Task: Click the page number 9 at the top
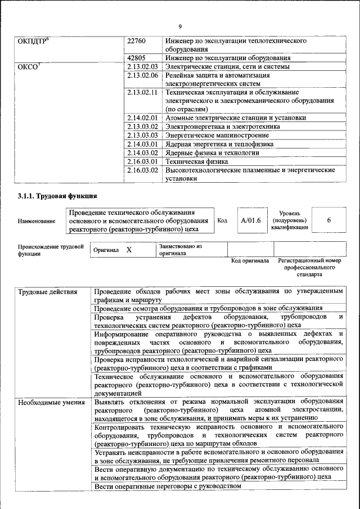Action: (180, 26)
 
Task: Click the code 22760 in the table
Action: (137, 41)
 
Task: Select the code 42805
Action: (137, 57)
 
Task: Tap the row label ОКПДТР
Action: (35, 41)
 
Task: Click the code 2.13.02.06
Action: (143, 75)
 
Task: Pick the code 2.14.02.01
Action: (143, 118)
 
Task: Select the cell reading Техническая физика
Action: (196, 161)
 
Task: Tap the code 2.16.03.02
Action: (143, 170)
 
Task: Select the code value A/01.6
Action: (251, 220)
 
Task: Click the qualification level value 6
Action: (328, 220)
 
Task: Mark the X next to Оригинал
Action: (129, 249)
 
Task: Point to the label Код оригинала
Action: (250, 261)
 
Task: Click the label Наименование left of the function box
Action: (37, 222)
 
